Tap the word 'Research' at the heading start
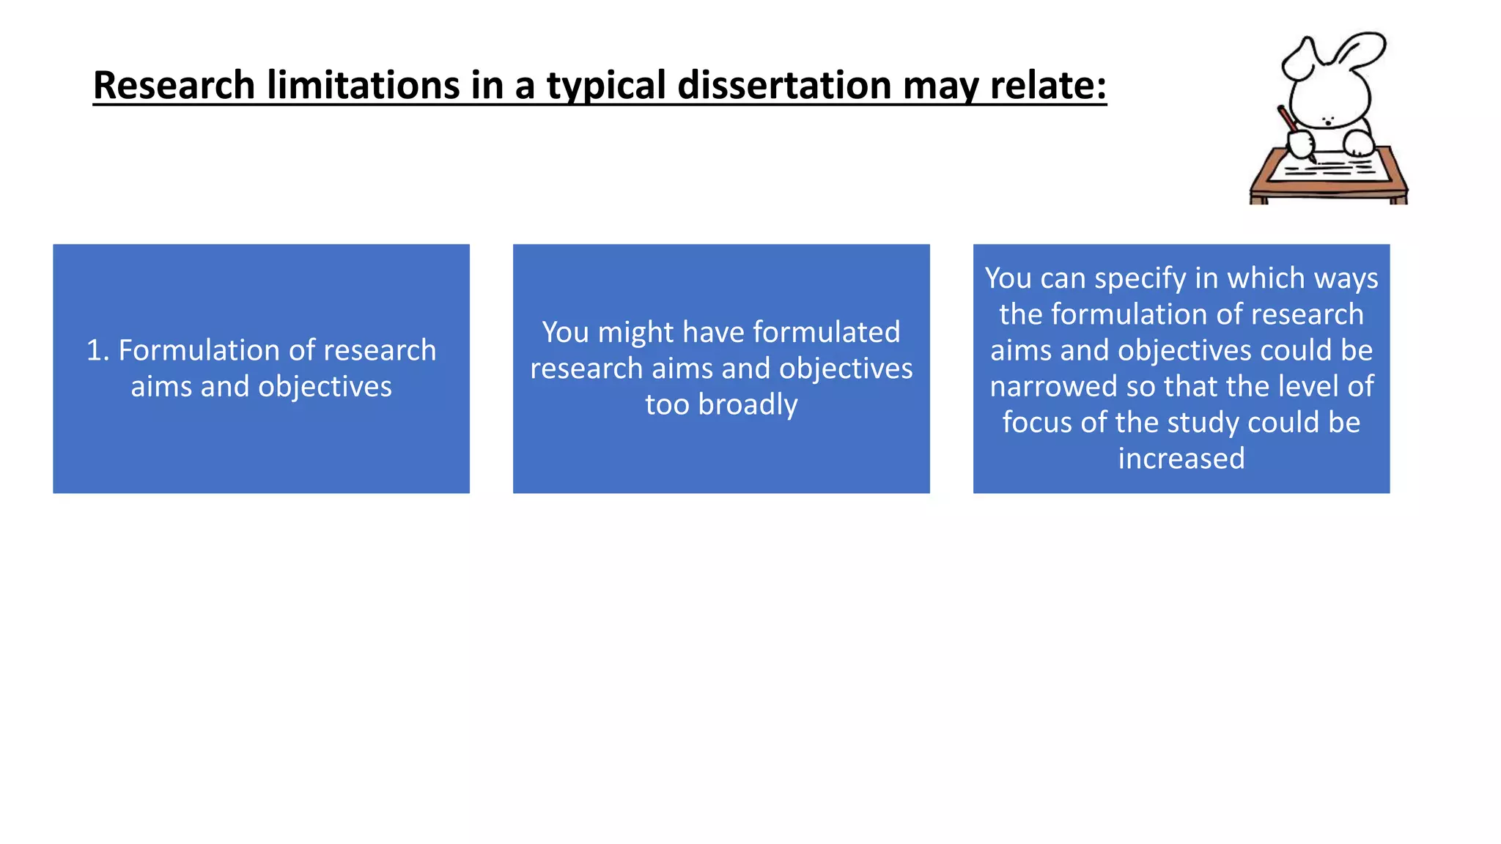coord(174,85)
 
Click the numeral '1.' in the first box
coord(97,350)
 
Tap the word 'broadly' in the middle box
coord(748,404)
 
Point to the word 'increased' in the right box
coord(1181,459)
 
